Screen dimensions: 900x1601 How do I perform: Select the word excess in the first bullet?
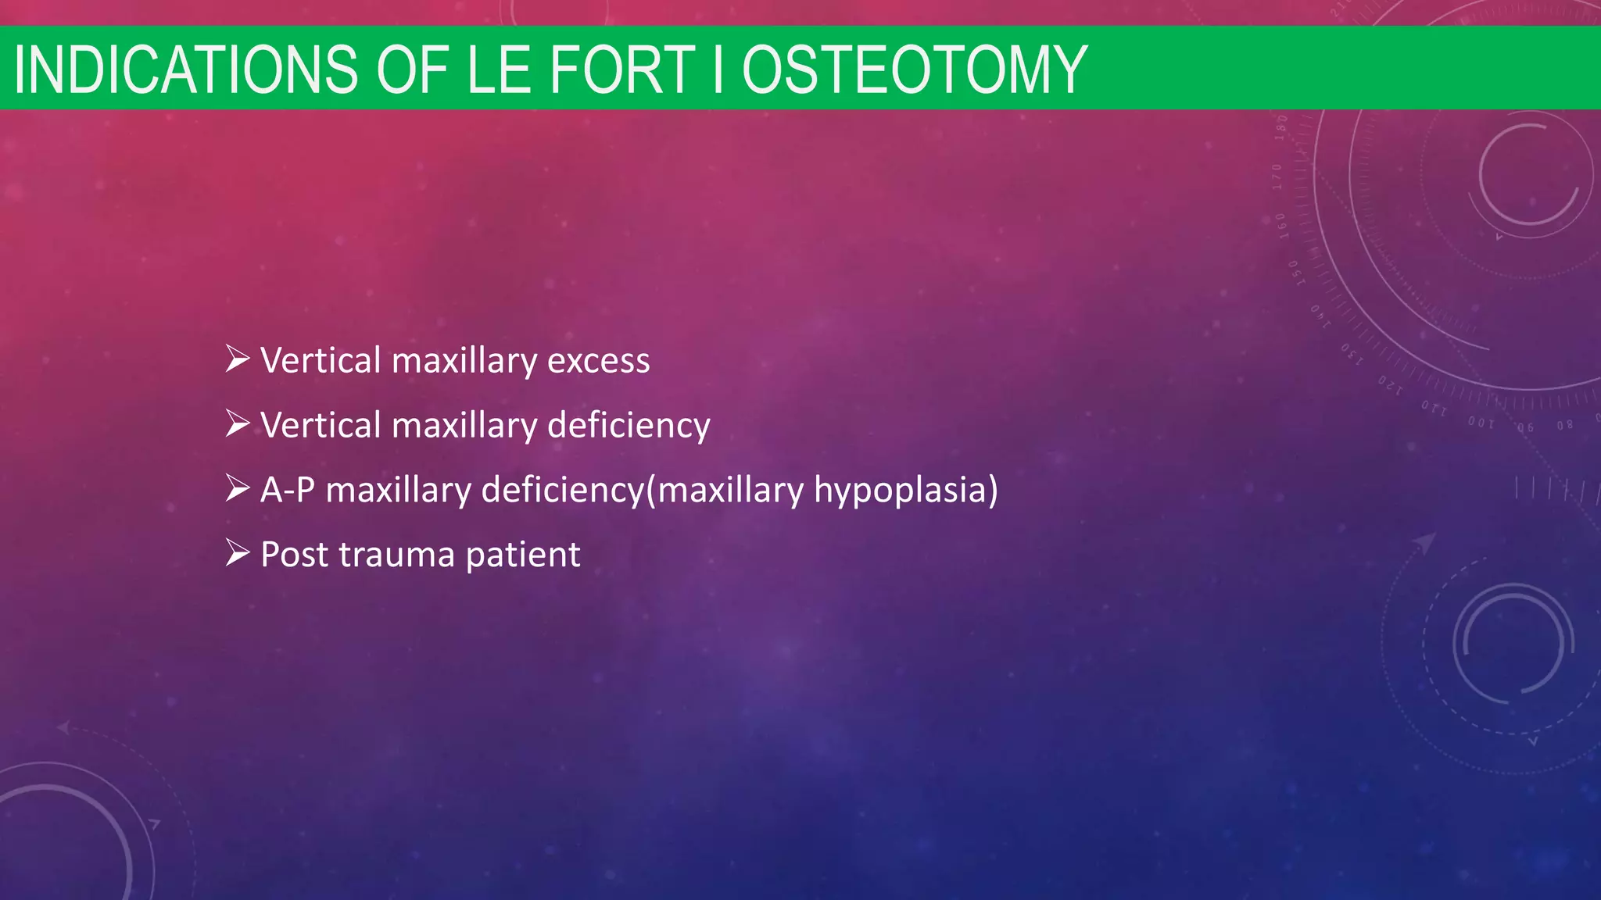click(x=598, y=361)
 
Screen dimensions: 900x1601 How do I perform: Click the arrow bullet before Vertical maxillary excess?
click(x=237, y=359)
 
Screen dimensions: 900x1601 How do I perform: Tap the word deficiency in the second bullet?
click(x=629, y=426)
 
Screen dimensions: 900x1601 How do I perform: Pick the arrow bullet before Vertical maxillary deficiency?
click(x=237, y=424)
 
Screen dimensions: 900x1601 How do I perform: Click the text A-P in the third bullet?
click(x=288, y=491)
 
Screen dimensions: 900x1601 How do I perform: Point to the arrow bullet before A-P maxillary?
click(x=237, y=489)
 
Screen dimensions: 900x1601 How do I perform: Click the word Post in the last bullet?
click(x=294, y=555)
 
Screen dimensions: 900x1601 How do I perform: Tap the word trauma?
click(x=397, y=555)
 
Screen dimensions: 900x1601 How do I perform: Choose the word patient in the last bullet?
click(x=523, y=555)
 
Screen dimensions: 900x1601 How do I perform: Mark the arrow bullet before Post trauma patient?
click(x=237, y=553)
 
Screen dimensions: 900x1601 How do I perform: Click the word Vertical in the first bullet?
click(x=321, y=361)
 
